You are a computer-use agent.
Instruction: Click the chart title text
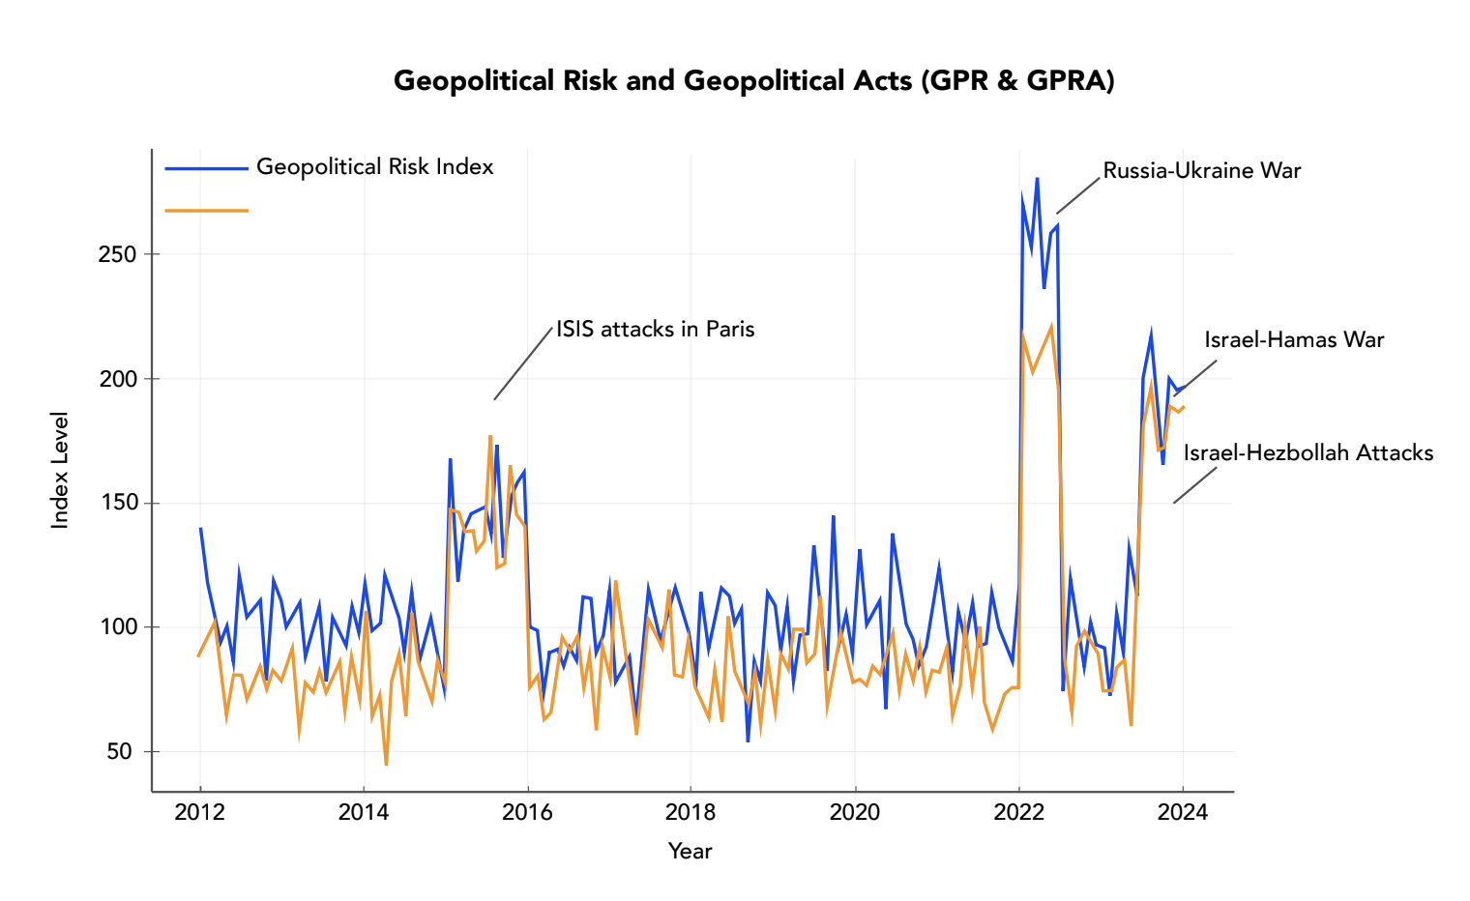[753, 80]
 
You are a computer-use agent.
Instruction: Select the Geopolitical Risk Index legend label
[374, 167]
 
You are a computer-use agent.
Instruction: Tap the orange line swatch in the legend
[207, 210]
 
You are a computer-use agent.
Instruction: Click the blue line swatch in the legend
[207, 168]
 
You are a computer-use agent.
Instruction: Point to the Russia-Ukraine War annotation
[1202, 171]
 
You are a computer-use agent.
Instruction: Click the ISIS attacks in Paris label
[655, 330]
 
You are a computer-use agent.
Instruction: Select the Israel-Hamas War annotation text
[1294, 340]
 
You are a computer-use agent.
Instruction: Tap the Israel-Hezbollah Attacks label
[1308, 453]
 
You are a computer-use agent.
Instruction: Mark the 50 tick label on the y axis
[121, 752]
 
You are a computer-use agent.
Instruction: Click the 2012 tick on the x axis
[199, 812]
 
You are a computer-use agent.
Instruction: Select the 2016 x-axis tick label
[527, 812]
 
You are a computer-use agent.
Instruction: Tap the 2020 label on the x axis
[855, 812]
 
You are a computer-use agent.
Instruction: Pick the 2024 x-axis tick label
[1183, 812]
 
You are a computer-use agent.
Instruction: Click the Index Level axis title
[60, 470]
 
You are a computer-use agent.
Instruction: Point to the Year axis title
[690, 852]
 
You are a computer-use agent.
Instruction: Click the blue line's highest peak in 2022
[1037, 179]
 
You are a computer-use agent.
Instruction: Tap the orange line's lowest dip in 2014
[386, 765]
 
